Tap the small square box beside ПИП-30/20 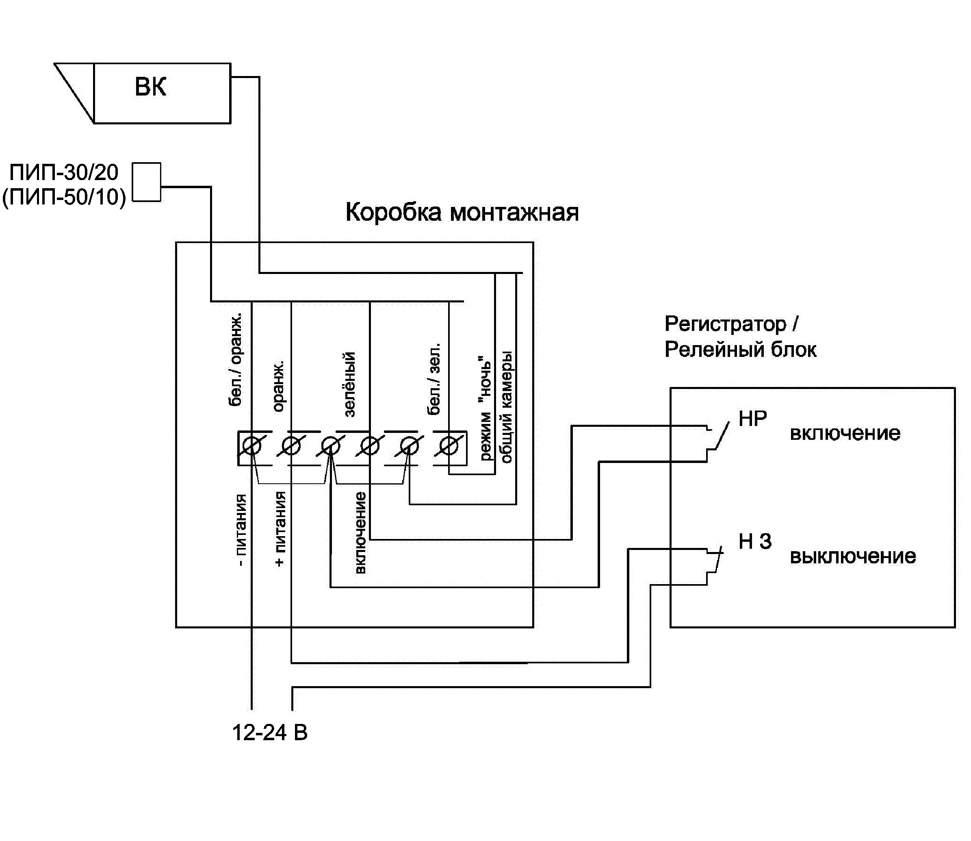(146, 182)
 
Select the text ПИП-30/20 (64, 173)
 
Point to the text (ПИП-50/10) (64, 197)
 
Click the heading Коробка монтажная (462, 213)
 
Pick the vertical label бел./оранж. (236, 359)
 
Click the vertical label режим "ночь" (485, 408)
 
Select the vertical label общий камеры (506, 407)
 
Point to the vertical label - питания (240, 530)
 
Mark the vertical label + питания (280, 529)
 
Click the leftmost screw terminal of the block (252, 445)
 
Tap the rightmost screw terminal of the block (449, 445)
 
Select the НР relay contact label (752, 419)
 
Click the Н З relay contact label (755, 541)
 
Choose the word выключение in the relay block (853, 556)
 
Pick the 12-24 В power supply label (270, 733)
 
